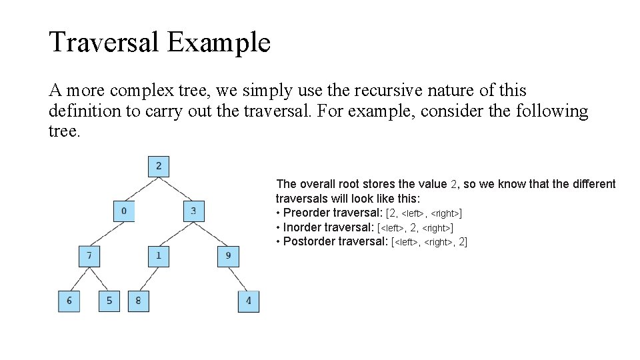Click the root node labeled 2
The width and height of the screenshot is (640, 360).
click(159, 166)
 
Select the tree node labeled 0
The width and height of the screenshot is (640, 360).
click(124, 211)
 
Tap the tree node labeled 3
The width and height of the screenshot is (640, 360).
click(193, 211)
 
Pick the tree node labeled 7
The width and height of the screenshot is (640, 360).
click(89, 256)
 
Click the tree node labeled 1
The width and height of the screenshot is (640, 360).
click(159, 256)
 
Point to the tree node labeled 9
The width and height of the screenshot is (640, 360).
click(228, 256)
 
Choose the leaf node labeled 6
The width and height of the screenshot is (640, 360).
click(69, 301)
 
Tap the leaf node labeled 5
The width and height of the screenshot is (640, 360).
click(109, 301)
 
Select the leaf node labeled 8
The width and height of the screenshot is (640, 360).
click(138, 301)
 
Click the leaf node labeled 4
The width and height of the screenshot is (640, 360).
click(249, 301)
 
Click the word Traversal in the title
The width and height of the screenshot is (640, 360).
click(104, 43)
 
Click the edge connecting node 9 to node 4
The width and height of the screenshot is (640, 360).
click(239, 279)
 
